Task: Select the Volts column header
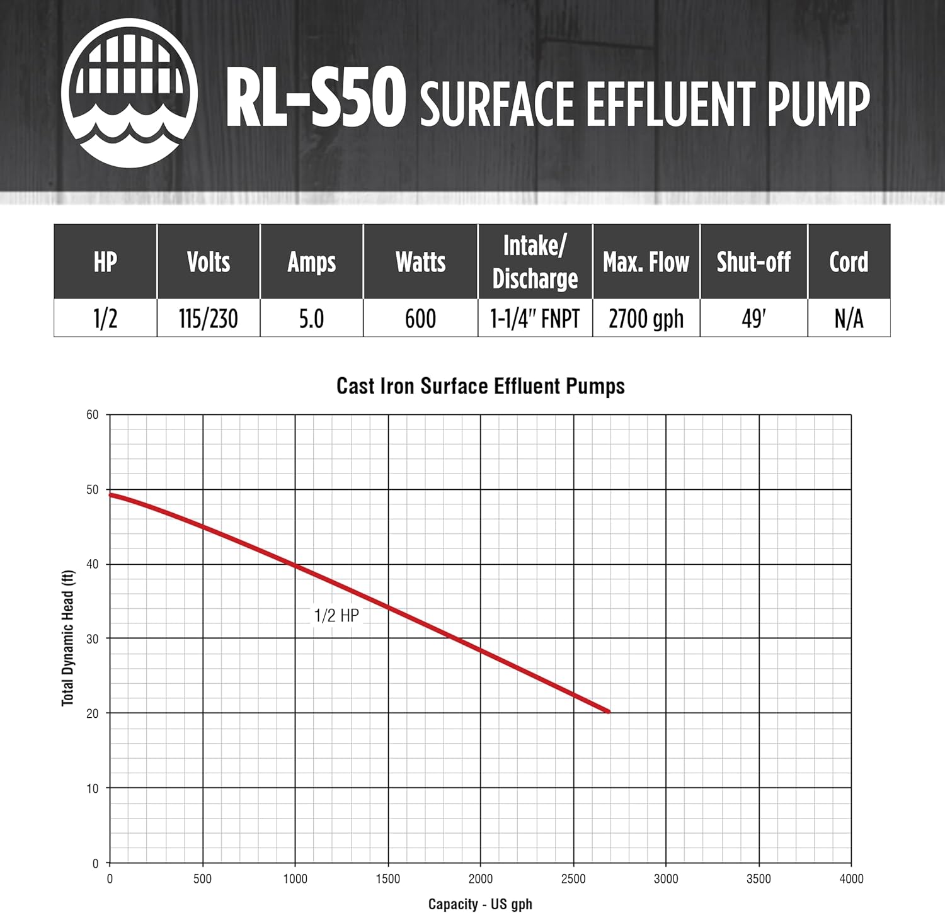[209, 262]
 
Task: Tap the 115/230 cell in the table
[209, 319]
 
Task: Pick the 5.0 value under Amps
[311, 319]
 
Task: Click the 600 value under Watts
[420, 319]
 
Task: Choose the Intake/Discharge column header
[535, 262]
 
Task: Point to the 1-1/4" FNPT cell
[535, 319]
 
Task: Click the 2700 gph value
[646, 319]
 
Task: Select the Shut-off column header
[753, 262]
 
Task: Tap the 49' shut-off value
[753, 319]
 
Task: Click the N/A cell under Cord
[849, 319]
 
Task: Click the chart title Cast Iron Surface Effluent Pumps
[481, 386]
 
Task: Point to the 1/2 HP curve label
[336, 615]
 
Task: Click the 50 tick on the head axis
[93, 490]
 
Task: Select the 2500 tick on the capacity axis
[573, 879]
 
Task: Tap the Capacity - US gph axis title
[480, 904]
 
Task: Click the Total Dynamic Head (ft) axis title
[68, 638]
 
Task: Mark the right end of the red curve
[608, 712]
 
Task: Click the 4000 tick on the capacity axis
[851, 879]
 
